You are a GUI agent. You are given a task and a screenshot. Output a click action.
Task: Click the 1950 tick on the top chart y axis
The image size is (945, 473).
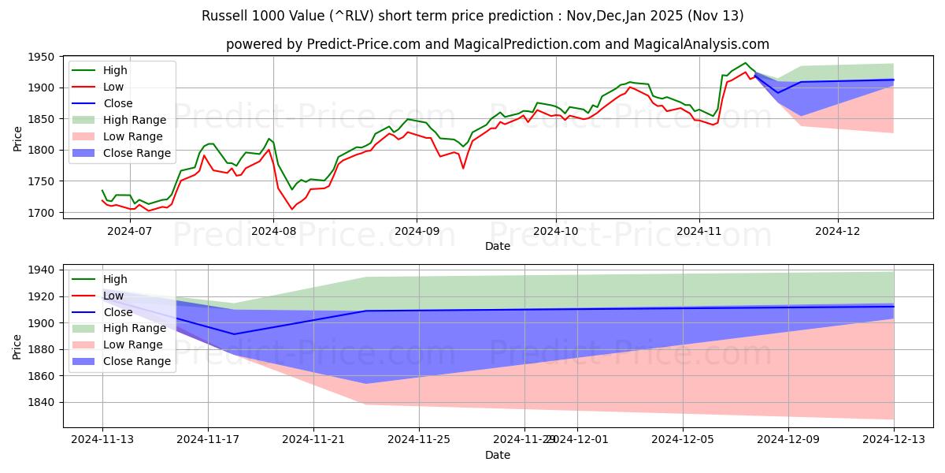coord(41,57)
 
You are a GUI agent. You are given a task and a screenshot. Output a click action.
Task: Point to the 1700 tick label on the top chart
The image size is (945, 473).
coord(41,213)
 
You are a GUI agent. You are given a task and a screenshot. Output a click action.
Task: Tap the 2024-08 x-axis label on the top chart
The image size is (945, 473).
coord(273,232)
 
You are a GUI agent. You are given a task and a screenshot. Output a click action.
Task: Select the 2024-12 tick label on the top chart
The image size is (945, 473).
coord(838,232)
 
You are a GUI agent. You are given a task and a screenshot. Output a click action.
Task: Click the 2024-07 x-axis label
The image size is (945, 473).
coord(128,232)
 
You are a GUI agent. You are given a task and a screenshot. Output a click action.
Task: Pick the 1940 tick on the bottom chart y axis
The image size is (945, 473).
coord(41,270)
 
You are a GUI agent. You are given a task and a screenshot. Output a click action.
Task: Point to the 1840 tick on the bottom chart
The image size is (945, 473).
coord(41,402)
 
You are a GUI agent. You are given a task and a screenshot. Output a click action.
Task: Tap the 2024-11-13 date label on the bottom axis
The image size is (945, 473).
coord(102,440)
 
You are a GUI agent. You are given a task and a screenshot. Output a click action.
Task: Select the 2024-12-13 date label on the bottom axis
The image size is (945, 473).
coord(894,440)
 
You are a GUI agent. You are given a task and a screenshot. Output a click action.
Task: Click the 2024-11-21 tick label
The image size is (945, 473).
coord(313,440)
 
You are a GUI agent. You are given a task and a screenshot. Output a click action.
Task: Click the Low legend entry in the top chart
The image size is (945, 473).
coord(113,87)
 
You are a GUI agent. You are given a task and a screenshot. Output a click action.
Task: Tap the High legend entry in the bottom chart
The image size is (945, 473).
coord(115,279)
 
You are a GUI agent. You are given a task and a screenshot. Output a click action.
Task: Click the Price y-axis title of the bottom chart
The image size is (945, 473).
coord(17,346)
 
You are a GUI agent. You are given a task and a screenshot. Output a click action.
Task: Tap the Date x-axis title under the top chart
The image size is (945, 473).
coord(498,246)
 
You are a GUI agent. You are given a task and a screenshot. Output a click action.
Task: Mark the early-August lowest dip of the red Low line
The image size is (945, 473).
coord(291,209)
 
